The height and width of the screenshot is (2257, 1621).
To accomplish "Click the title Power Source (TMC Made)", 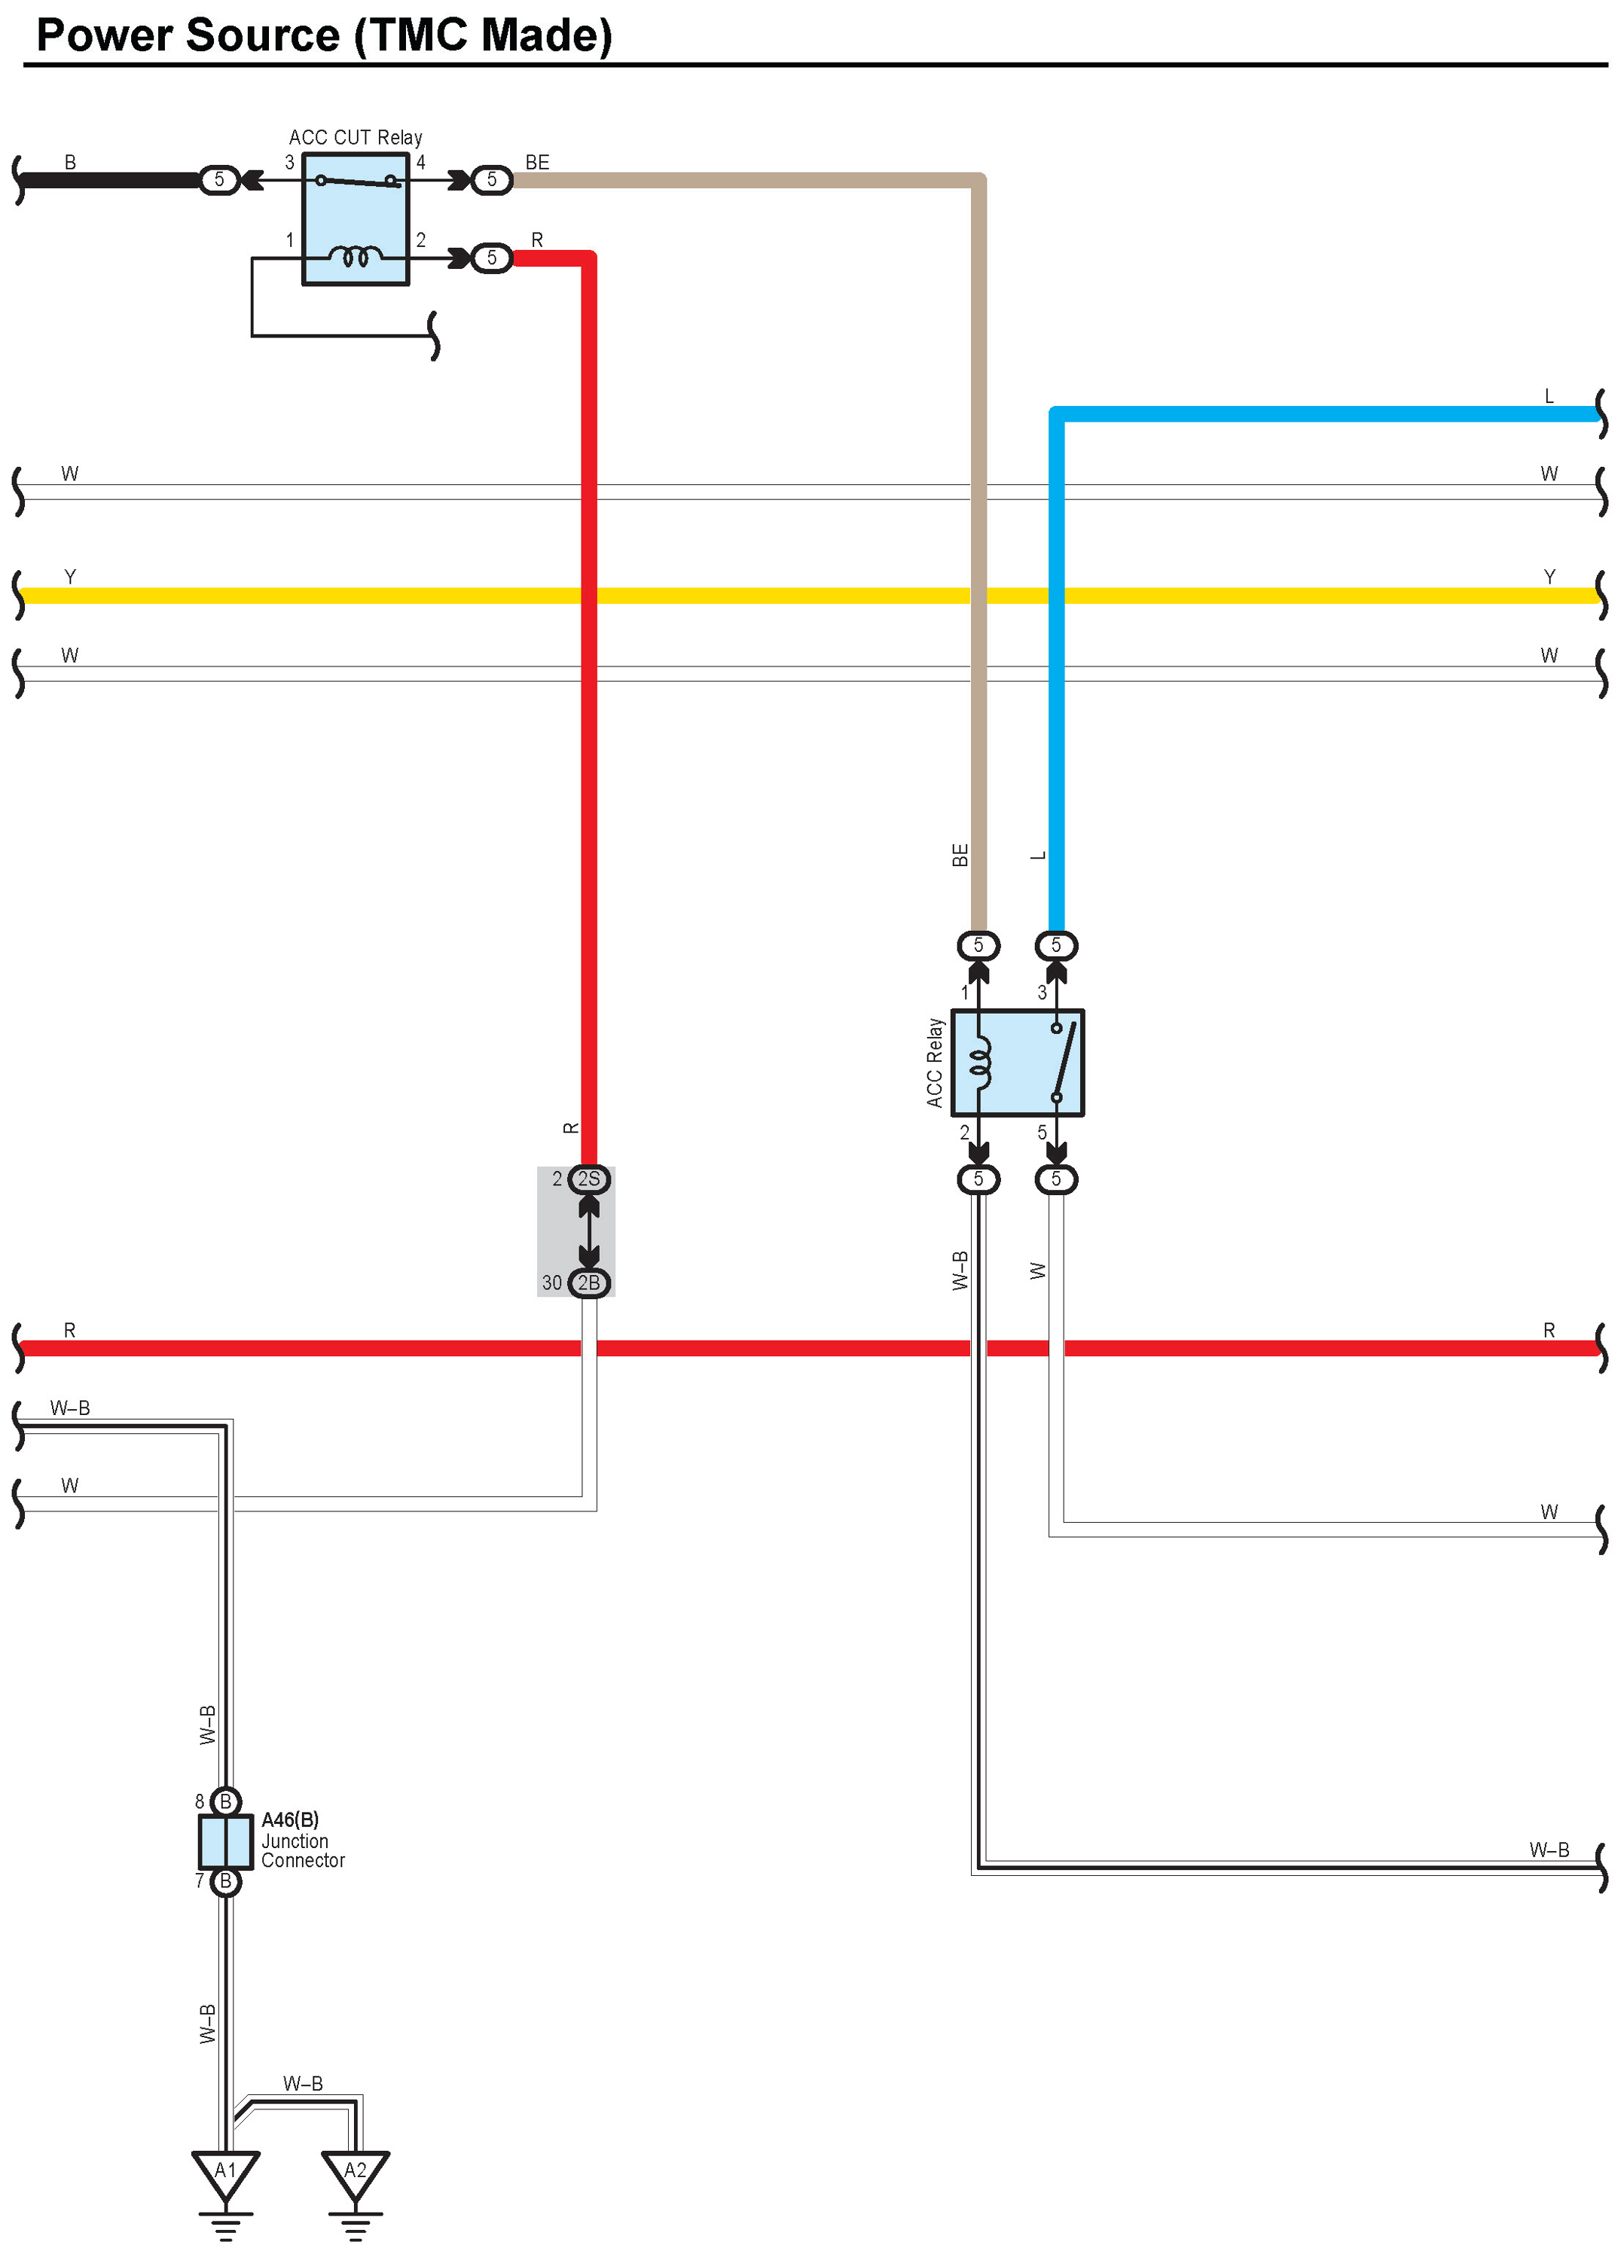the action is point(323,36).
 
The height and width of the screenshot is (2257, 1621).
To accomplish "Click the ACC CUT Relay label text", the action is point(356,137).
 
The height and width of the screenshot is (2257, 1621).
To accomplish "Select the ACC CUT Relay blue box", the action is point(356,219).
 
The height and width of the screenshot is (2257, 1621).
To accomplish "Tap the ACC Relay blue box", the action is point(1017,1063).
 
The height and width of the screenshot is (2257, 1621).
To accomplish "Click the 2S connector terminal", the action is point(589,1179).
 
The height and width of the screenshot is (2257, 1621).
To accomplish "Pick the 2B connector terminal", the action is point(589,1283).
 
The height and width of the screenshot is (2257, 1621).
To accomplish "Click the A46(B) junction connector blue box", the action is point(226,1841).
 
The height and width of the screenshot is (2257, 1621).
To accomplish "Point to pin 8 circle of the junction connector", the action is point(226,1801).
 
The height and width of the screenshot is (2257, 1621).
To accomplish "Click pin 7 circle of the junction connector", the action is point(226,1881).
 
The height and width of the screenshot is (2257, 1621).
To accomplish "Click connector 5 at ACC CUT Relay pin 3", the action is point(219,180).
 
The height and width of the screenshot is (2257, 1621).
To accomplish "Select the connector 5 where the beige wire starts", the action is point(492,180).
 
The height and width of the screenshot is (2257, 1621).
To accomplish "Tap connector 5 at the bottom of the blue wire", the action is point(1056,944).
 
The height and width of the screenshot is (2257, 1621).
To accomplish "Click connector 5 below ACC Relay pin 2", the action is point(978,1179).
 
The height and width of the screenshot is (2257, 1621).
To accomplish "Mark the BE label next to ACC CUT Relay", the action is point(537,162).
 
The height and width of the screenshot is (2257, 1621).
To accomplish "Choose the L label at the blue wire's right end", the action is point(1549,396).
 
